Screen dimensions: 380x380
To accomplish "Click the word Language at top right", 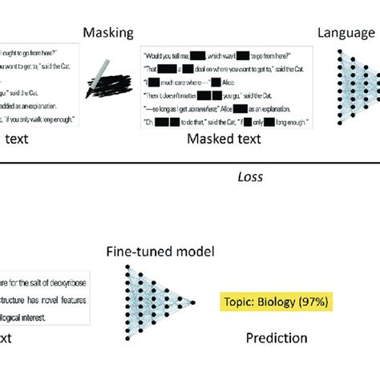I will pyautogui.click(x=346, y=33).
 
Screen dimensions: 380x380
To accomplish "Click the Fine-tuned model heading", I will pyautogui.click(x=161, y=252).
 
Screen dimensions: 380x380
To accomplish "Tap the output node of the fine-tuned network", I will pyautogui.click(x=193, y=302).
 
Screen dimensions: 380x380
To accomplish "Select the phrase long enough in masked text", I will pyautogui.click(x=261, y=121).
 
